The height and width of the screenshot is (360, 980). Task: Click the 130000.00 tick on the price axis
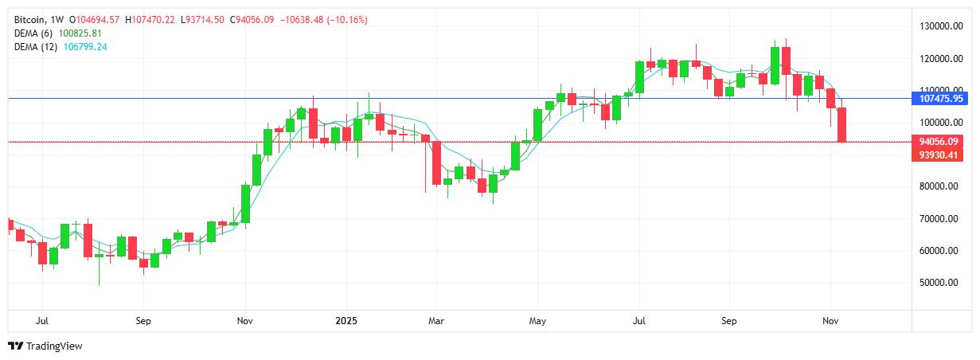click(x=935, y=26)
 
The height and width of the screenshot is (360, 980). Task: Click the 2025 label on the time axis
click(x=346, y=321)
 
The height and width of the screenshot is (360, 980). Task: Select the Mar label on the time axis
click(x=435, y=321)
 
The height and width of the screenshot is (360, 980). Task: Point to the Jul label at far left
click(x=42, y=321)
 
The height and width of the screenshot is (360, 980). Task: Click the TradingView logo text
click(x=54, y=346)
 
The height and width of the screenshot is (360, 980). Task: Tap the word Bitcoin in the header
click(x=30, y=19)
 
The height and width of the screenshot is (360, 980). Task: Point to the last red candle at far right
click(x=842, y=124)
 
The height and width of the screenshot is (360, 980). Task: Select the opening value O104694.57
click(x=96, y=19)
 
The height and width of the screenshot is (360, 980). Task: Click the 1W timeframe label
click(x=57, y=19)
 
